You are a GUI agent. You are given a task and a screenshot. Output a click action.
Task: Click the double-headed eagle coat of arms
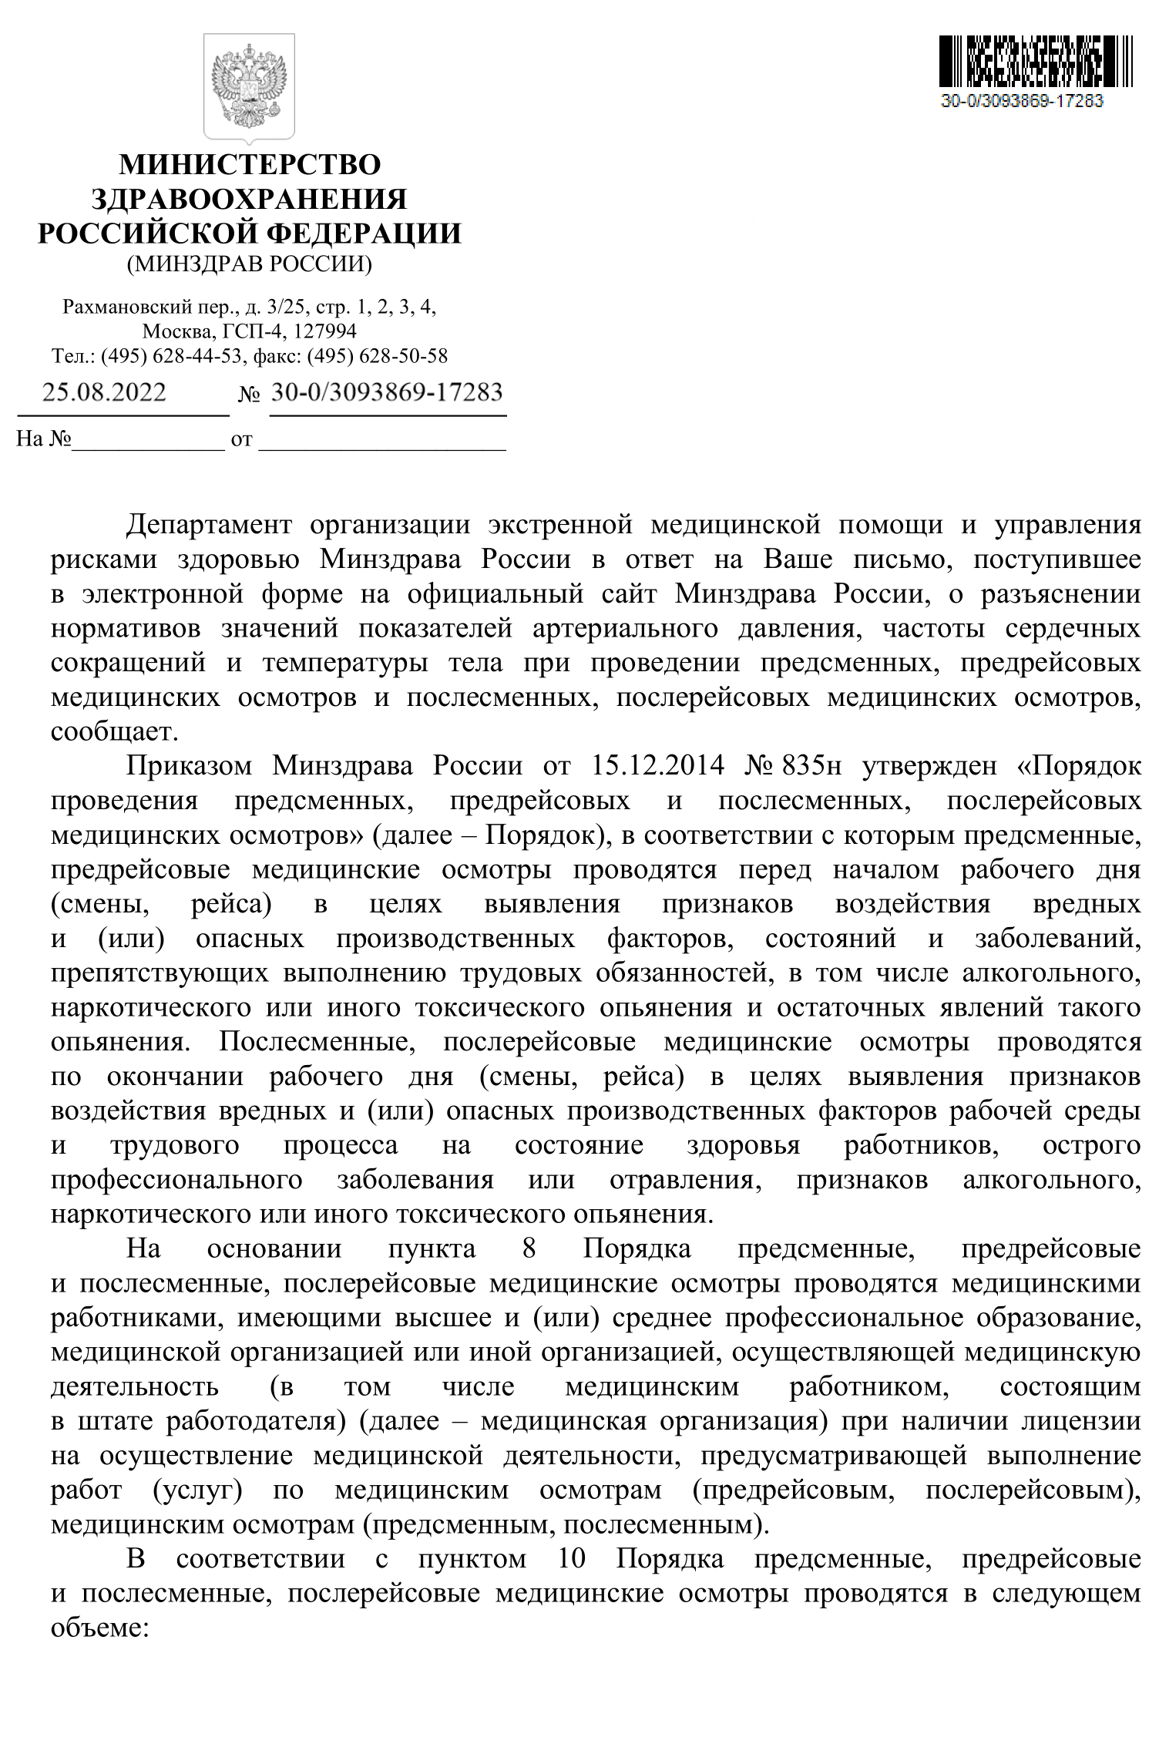[249, 87]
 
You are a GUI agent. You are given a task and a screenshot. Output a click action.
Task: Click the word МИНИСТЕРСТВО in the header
[249, 166]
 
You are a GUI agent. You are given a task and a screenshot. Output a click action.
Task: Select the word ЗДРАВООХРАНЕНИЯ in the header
[249, 200]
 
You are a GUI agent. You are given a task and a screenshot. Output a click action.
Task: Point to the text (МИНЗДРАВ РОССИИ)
[249, 264]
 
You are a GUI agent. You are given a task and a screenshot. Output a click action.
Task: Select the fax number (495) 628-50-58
[377, 356]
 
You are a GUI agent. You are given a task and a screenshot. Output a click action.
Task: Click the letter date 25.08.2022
[104, 393]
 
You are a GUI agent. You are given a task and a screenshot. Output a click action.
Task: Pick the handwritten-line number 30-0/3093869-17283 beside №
[387, 393]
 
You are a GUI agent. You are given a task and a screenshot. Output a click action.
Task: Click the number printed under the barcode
[1022, 101]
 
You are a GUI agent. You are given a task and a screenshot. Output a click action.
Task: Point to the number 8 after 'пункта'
[529, 1248]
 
